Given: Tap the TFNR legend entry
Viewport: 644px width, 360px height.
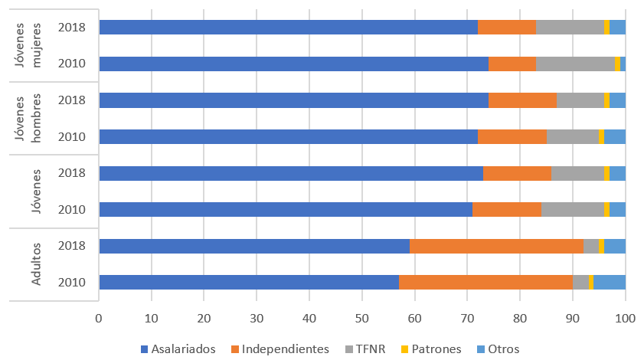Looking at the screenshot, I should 371,349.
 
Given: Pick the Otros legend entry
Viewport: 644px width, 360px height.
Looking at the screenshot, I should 503,349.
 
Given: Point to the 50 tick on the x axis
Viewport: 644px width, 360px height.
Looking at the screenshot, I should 362,316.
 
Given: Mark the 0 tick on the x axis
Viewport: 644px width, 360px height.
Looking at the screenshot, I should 100,316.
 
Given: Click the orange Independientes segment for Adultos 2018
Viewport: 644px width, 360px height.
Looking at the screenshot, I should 496,246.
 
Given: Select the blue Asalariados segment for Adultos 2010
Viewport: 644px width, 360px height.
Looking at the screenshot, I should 249,282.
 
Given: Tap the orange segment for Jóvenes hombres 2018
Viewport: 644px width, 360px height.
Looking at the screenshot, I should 522,100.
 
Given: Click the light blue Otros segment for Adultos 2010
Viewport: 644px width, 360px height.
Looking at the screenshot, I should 610,282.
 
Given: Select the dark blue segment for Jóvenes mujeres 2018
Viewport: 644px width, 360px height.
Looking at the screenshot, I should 288,28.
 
